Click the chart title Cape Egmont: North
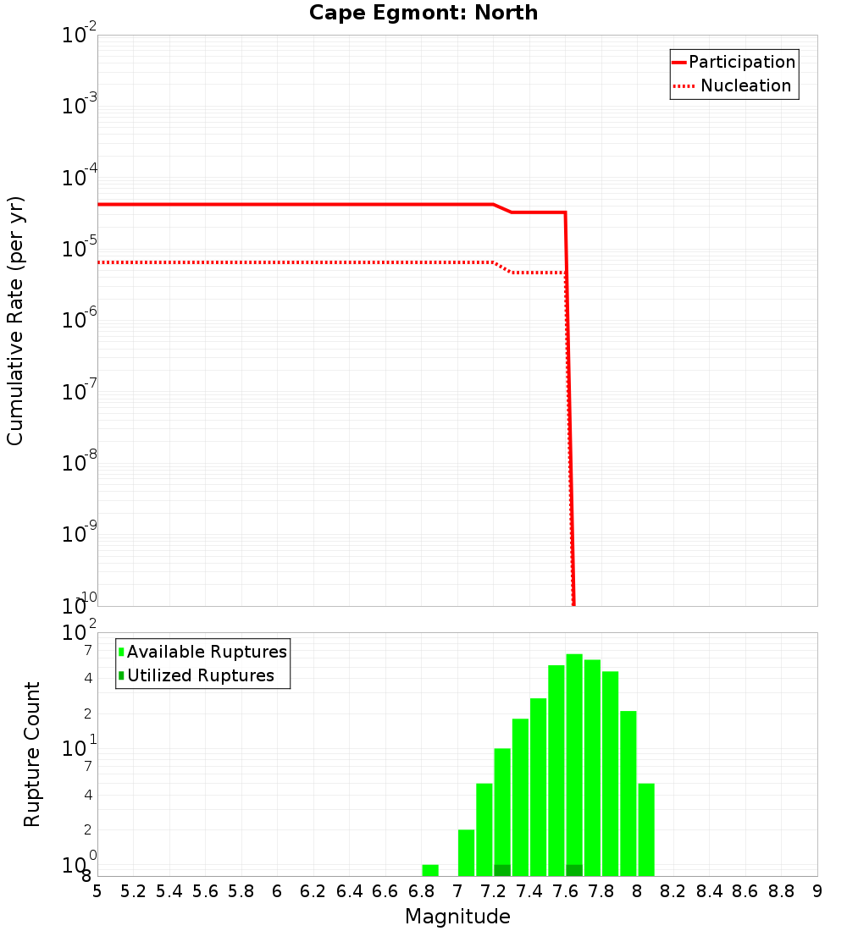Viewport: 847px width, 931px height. [423, 13]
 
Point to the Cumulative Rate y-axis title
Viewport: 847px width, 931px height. [16, 321]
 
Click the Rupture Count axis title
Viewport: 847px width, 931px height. [32, 753]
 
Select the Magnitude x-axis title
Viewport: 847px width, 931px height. [457, 917]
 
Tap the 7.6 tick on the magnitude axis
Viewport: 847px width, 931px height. [565, 891]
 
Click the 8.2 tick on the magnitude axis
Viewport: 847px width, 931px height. [673, 891]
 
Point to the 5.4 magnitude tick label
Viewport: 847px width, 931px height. [169, 891]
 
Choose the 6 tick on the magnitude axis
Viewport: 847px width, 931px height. [277, 891]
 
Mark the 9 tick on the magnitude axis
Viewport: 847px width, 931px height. [817, 891]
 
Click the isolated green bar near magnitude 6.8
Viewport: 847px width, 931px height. [430, 870]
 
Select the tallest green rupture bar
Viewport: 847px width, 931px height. [574, 762]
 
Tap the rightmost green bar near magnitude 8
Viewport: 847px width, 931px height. [646, 829]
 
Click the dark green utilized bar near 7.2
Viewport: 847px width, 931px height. [502, 870]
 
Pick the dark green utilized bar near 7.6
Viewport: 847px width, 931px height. [574, 870]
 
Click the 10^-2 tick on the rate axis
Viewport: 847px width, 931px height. [80, 36]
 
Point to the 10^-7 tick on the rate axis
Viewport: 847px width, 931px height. [80, 392]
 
